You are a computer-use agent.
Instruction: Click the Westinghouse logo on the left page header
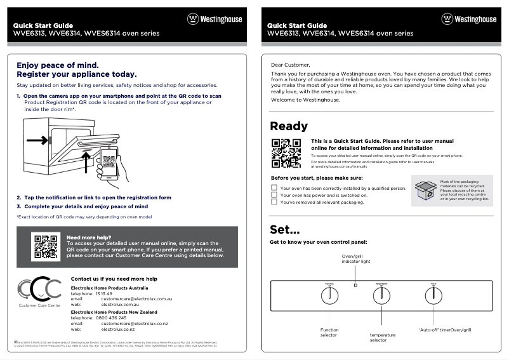(x=215, y=19)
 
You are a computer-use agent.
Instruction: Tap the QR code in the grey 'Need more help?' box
(x=46, y=246)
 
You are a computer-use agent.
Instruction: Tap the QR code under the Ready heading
(x=285, y=153)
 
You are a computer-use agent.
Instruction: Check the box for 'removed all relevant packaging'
(x=274, y=203)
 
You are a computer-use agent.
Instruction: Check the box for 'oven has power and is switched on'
(x=274, y=195)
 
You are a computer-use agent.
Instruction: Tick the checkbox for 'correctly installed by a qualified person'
(x=274, y=188)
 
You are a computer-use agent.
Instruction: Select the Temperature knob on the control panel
(x=381, y=296)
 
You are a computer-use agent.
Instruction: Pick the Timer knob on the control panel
(x=433, y=296)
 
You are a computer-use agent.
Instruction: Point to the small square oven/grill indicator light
(x=355, y=285)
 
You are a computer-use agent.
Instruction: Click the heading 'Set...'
(x=285, y=229)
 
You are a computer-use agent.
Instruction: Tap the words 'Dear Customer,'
(x=291, y=64)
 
